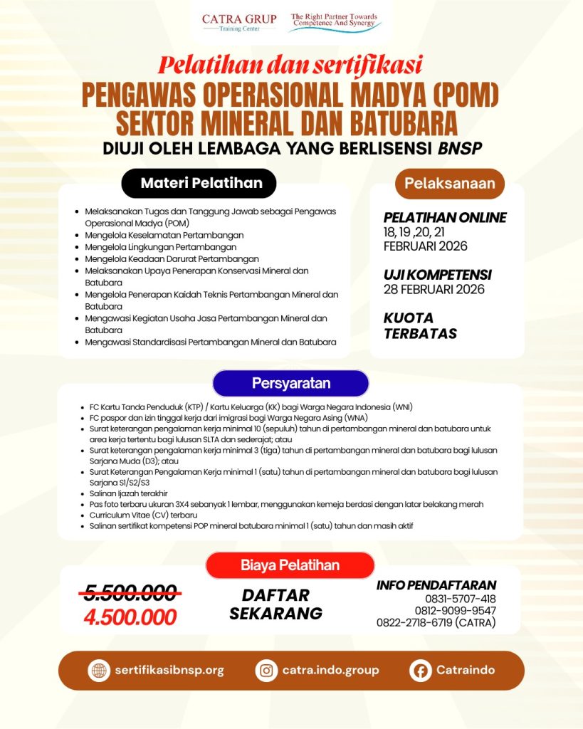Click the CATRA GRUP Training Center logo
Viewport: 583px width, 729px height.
(x=239, y=22)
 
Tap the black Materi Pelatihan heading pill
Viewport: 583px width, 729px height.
(x=201, y=183)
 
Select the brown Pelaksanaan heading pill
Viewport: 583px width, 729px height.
(x=449, y=183)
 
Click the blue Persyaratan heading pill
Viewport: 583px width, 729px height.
(x=290, y=383)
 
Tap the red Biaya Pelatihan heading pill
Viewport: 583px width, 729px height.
(x=290, y=565)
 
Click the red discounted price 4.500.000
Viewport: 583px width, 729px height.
(x=130, y=617)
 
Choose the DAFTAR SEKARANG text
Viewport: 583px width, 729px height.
(x=275, y=604)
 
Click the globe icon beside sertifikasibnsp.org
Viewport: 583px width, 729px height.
(x=98, y=670)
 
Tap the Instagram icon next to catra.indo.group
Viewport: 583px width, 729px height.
(x=266, y=670)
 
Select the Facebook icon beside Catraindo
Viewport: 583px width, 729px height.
(x=421, y=670)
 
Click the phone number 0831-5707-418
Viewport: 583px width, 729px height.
(x=460, y=599)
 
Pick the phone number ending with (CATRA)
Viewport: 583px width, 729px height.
(x=436, y=623)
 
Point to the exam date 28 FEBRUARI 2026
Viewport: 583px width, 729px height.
(x=434, y=289)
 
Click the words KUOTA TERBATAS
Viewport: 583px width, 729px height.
(x=420, y=325)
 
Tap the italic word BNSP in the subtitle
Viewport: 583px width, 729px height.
(x=458, y=148)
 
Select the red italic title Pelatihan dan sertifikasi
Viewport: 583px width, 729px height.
(x=290, y=65)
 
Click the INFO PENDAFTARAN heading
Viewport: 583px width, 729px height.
(x=436, y=585)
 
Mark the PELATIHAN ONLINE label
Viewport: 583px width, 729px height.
(x=445, y=218)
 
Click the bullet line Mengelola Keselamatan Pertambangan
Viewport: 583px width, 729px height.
(x=164, y=235)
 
